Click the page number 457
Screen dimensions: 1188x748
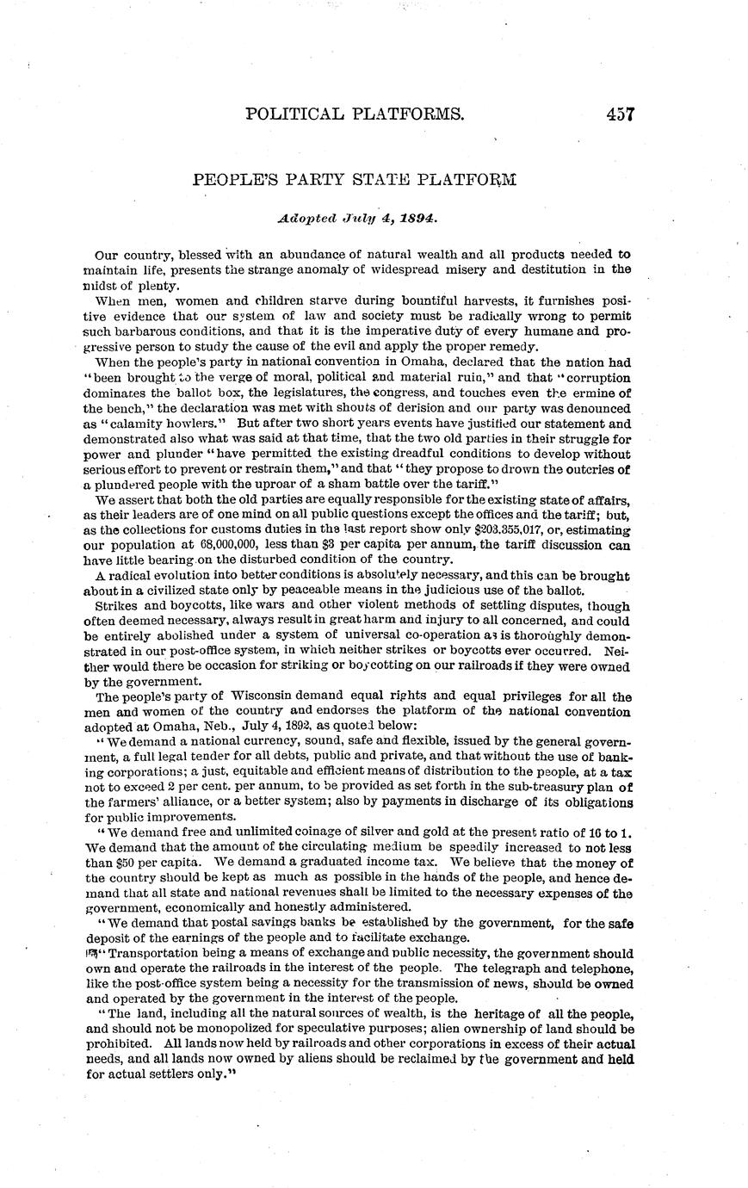tap(620, 114)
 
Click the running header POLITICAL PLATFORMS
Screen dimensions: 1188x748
tap(355, 114)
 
